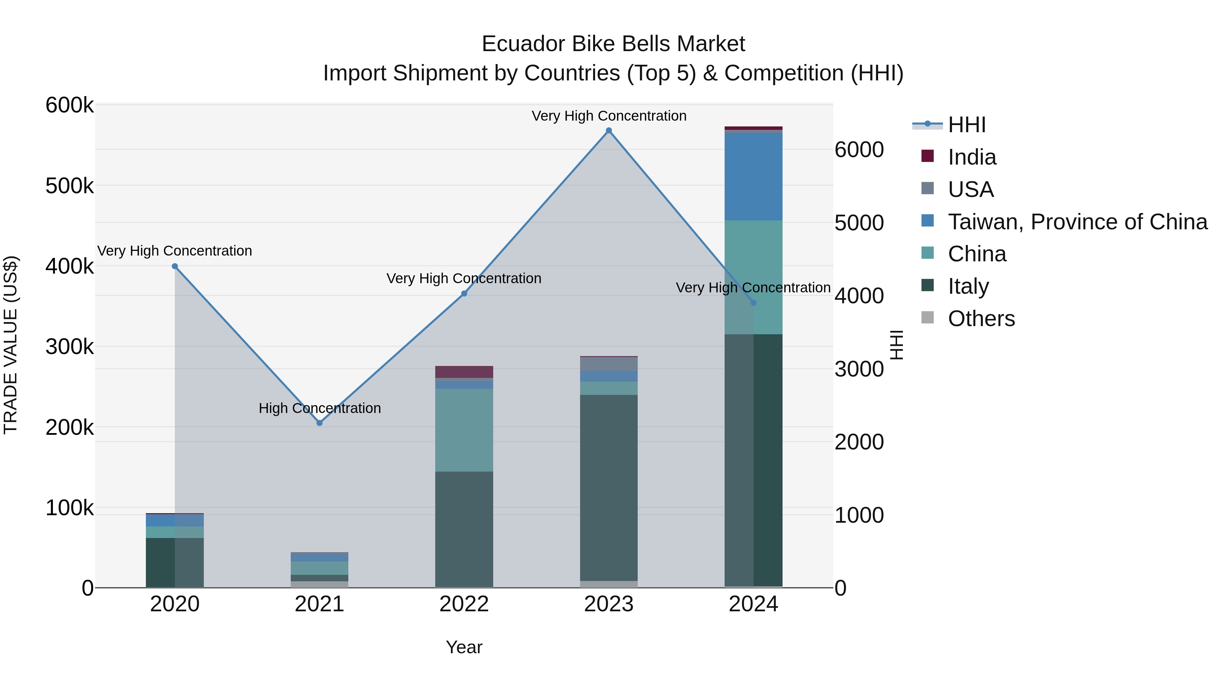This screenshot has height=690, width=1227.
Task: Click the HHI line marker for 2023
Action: click(x=609, y=130)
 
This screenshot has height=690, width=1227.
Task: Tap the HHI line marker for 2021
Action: click(x=320, y=423)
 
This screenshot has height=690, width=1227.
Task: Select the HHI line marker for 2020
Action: click(x=175, y=266)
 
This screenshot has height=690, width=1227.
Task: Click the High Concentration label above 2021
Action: click(x=320, y=408)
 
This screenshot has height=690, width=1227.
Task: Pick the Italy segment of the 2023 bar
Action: click(x=609, y=486)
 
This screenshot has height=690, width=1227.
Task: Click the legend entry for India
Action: click(x=972, y=157)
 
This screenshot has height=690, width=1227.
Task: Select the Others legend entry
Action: click(x=981, y=319)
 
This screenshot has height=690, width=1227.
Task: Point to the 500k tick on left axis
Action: click(x=70, y=186)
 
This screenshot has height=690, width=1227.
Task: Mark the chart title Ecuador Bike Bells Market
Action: click(x=613, y=44)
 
